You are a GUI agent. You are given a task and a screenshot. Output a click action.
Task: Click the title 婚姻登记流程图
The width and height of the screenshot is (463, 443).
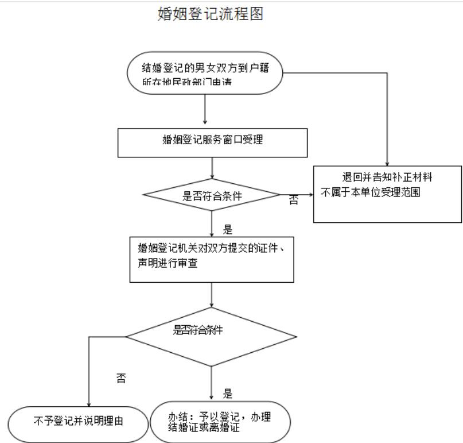tap(210, 14)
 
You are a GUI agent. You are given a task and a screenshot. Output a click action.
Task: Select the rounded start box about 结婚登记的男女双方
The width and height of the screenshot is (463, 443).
tap(205, 74)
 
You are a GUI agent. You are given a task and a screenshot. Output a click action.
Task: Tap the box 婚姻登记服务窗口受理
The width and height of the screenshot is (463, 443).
tap(212, 142)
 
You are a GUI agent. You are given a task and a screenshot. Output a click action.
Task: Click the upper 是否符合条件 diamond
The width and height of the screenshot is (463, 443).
tap(212, 195)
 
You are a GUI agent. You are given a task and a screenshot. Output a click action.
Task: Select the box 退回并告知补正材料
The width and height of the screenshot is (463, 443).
tap(388, 193)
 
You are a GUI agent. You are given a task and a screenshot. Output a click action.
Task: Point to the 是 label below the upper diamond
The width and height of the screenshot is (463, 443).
tap(228, 230)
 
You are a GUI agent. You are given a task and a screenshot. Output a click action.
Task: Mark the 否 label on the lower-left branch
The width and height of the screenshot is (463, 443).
tap(121, 379)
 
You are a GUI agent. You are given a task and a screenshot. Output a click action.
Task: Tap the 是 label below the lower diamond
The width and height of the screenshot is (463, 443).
tap(228, 394)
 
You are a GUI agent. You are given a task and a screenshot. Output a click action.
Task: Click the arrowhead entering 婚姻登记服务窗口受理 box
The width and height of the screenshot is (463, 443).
tap(205, 122)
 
